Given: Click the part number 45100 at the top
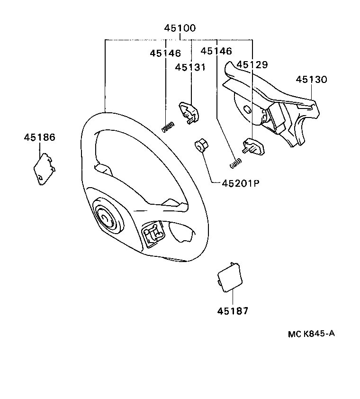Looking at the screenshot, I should pyautogui.click(x=180, y=28).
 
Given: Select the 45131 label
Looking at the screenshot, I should pyautogui.click(x=190, y=67).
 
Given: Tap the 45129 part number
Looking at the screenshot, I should pyautogui.click(x=252, y=64).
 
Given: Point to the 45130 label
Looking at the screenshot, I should pyautogui.click(x=312, y=80).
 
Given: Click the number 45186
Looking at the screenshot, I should pyautogui.click(x=39, y=137).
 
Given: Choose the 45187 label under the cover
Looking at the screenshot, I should pyautogui.click(x=233, y=311).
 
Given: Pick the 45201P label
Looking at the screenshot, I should pyautogui.click(x=242, y=183).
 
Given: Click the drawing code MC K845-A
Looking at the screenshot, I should pyautogui.click(x=311, y=333).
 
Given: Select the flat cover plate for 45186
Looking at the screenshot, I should pyautogui.click(x=44, y=168).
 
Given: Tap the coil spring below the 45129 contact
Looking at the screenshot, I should pyautogui.click(x=235, y=163).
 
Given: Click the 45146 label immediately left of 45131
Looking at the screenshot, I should pyautogui.click(x=165, y=54).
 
